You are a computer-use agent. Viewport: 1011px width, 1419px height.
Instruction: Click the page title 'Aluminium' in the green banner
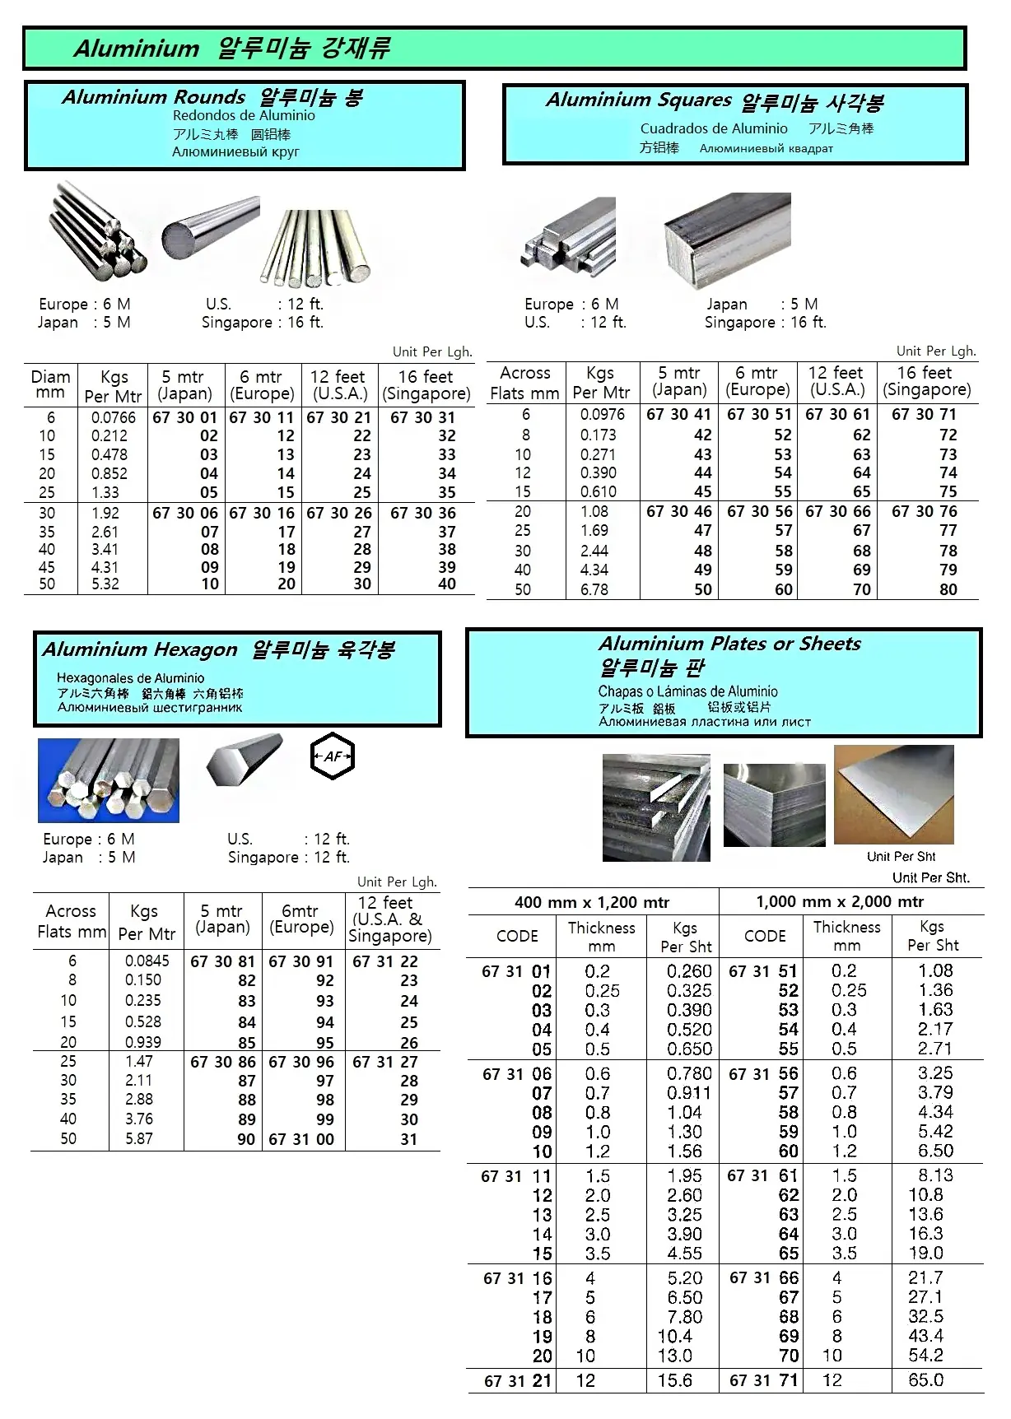click(x=137, y=49)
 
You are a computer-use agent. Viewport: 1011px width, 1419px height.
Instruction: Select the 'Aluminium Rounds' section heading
click(x=154, y=97)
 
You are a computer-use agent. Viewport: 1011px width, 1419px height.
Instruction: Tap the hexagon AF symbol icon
click(x=333, y=756)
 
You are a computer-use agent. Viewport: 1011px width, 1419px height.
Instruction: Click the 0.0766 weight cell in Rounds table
click(x=114, y=417)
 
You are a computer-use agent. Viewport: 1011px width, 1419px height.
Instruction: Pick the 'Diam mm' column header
click(x=50, y=384)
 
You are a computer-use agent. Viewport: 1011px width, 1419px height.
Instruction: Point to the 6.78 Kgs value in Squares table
click(x=594, y=589)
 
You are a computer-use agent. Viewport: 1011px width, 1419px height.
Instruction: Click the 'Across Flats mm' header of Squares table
click(x=524, y=383)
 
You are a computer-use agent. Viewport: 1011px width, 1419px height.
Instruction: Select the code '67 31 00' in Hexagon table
click(x=301, y=1139)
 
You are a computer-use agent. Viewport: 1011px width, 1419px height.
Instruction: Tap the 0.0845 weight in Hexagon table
click(x=147, y=961)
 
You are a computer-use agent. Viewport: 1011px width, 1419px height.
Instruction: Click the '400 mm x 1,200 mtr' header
click(x=592, y=902)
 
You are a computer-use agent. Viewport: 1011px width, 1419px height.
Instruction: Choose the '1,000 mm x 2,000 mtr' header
click(x=840, y=901)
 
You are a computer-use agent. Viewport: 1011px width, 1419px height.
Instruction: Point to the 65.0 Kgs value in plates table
click(x=926, y=1380)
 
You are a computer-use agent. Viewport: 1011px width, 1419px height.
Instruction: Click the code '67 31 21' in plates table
click(x=518, y=1381)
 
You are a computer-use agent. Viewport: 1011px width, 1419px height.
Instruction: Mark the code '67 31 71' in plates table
click(x=764, y=1380)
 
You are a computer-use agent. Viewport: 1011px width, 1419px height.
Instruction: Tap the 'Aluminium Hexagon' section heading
click(x=140, y=649)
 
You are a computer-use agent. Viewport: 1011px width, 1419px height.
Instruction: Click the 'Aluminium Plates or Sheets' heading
click(x=729, y=644)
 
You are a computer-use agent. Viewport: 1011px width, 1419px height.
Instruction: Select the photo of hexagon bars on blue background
click(x=109, y=780)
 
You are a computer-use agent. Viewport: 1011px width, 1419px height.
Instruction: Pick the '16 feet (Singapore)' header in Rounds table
click(x=426, y=384)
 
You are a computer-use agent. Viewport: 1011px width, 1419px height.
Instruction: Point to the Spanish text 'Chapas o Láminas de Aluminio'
click(x=687, y=691)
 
